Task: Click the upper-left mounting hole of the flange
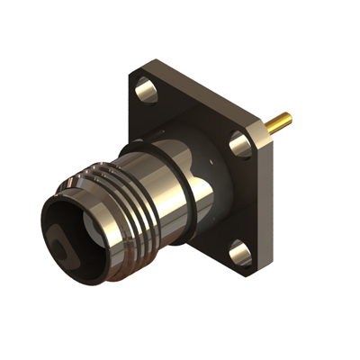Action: click(145, 87)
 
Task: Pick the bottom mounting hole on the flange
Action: click(240, 253)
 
